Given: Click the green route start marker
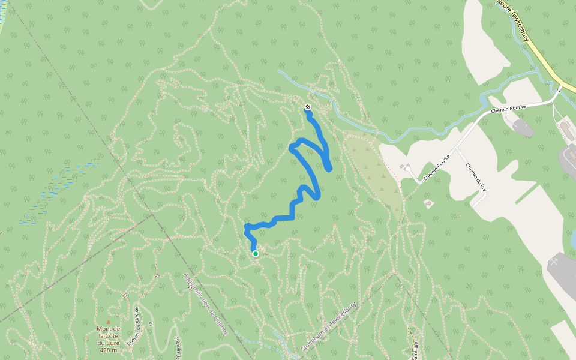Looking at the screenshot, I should click(x=256, y=254).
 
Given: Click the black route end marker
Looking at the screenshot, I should click(x=308, y=107).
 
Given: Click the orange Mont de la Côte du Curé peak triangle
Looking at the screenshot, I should click(x=109, y=322).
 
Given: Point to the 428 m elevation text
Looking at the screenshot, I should click(x=108, y=350).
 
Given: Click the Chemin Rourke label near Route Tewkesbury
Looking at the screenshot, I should click(x=508, y=109).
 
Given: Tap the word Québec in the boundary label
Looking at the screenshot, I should click(x=220, y=323).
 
